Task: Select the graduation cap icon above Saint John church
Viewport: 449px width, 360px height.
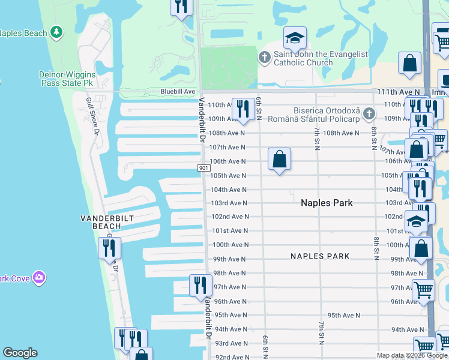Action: [295, 38]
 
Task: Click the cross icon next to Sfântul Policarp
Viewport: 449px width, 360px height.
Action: [369, 113]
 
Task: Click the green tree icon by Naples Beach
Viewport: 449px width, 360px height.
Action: [56, 32]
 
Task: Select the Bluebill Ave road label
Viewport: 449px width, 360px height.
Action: [178, 91]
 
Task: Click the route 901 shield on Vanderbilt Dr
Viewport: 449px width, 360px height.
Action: [203, 169]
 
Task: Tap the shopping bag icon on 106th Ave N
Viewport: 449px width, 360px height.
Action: [279, 160]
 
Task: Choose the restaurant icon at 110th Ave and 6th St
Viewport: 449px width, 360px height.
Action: [243, 109]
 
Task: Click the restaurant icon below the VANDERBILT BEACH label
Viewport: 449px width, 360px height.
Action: [110, 248]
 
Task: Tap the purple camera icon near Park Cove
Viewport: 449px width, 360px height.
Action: [40, 277]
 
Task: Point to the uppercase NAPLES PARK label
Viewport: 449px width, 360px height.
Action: [320, 256]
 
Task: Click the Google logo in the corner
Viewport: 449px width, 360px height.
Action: [20, 353]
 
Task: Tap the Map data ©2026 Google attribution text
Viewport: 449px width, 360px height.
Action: [412, 355]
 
